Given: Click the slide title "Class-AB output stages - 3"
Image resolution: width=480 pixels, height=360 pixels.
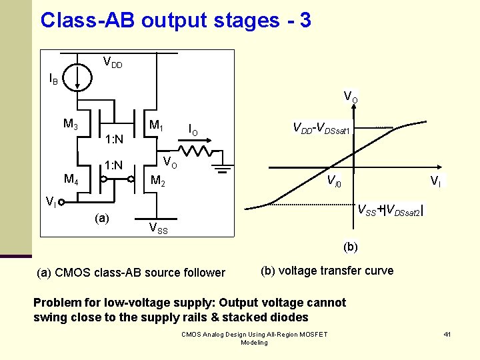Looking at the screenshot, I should (x=175, y=20).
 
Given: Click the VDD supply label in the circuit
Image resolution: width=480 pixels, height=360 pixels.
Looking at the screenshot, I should (x=112, y=63).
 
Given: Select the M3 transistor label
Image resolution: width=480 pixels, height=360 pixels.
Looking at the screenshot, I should (x=71, y=124).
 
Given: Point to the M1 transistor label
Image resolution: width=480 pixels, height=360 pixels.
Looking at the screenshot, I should (x=157, y=125).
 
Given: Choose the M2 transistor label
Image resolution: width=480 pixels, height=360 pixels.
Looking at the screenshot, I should (x=159, y=180).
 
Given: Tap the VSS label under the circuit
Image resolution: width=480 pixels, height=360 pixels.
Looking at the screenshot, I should (x=158, y=230).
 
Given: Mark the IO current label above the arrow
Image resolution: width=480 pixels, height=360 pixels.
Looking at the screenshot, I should (x=193, y=128).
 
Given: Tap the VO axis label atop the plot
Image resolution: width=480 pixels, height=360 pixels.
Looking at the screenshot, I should (x=351, y=97).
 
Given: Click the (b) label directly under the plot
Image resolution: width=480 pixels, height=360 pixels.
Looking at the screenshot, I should (x=351, y=247).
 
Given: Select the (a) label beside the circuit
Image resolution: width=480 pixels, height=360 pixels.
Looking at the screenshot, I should (x=103, y=218).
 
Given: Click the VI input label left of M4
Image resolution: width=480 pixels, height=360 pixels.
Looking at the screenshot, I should (x=51, y=201).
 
